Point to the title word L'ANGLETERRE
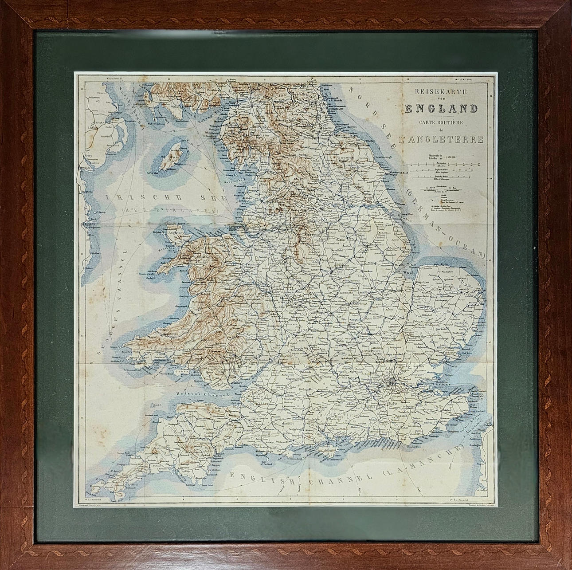point(445,139)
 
